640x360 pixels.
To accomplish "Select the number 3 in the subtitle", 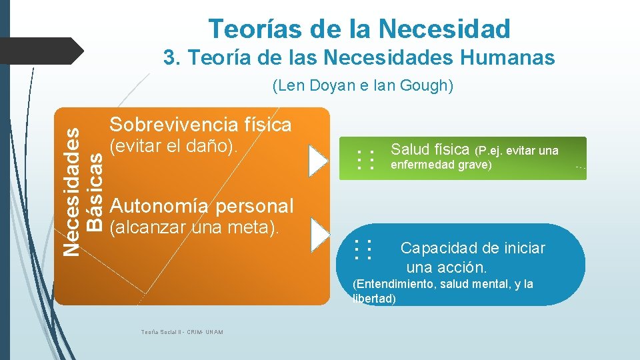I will [x=169, y=59].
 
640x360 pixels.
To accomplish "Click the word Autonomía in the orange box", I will [x=154, y=206].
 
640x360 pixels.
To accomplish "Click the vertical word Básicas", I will [x=97, y=191].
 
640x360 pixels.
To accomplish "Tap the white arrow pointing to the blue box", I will [x=321, y=235].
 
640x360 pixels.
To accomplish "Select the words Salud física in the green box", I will [x=430, y=149].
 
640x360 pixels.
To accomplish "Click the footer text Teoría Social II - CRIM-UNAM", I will [x=182, y=332].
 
